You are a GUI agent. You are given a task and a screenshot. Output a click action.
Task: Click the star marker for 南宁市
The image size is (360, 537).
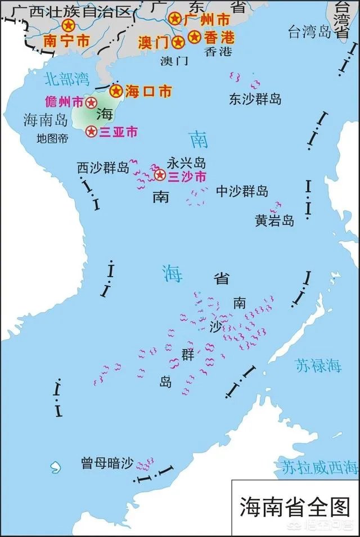point(69,25)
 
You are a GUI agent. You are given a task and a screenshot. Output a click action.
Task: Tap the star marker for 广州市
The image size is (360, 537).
point(175,19)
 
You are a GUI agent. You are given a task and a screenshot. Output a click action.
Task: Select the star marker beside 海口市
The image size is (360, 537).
point(116,91)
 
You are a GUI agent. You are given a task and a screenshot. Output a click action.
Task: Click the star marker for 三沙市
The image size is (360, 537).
point(160,176)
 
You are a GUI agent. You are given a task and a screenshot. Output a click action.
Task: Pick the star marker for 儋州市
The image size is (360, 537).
point(90,102)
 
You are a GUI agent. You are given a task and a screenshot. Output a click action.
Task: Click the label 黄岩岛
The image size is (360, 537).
point(274,221)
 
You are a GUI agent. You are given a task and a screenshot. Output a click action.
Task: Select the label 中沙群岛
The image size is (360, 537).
point(242,191)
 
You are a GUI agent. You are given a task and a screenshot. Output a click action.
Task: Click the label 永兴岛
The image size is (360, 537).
point(186,164)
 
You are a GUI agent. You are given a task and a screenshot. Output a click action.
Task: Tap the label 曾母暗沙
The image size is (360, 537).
point(107,464)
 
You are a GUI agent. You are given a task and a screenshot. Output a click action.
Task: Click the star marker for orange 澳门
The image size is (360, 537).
point(178,42)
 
